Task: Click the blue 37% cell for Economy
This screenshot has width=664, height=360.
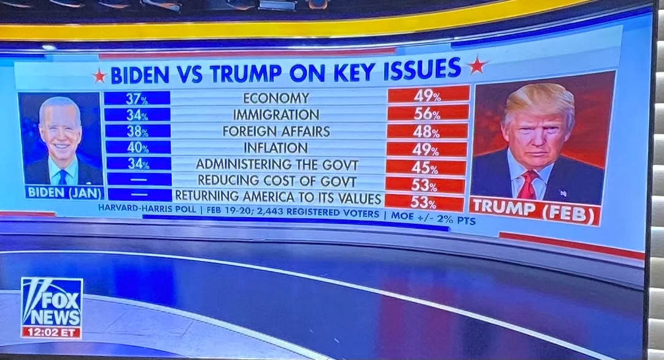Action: pyautogui.click(x=137, y=98)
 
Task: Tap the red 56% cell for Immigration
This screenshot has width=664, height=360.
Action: pyautogui.click(x=428, y=113)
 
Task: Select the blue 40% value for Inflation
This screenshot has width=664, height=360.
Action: pyautogui.click(x=137, y=147)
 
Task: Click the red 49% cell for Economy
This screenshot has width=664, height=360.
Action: pyautogui.click(x=428, y=95)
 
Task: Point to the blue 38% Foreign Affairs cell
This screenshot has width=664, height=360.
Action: pyautogui.click(x=137, y=131)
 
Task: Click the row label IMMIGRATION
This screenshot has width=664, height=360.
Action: pyautogui.click(x=276, y=115)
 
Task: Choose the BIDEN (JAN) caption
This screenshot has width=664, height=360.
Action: pyautogui.click(x=63, y=191)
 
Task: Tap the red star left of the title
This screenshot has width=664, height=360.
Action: pyautogui.click(x=99, y=76)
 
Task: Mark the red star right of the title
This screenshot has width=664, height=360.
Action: pyautogui.click(x=477, y=65)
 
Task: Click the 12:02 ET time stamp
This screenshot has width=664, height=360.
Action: pyautogui.click(x=52, y=332)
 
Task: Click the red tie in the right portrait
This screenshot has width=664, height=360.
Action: pyautogui.click(x=527, y=185)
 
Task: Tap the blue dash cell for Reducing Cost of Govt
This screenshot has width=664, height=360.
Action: pyautogui.click(x=139, y=179)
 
